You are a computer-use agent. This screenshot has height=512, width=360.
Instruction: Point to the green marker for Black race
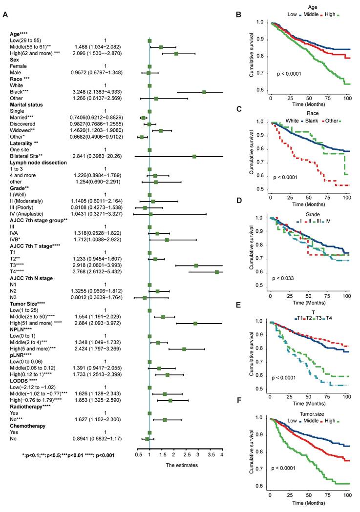pyautogui.click(x=204, y=92)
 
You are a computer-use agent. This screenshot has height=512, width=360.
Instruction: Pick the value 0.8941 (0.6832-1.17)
pyautogui.click(x=93, y=439)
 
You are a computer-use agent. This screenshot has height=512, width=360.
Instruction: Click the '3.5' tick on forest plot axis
pyautogui.click(x=210, y=454)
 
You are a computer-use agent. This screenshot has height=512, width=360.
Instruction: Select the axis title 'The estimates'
pyautogui.click(x=182, y=465)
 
